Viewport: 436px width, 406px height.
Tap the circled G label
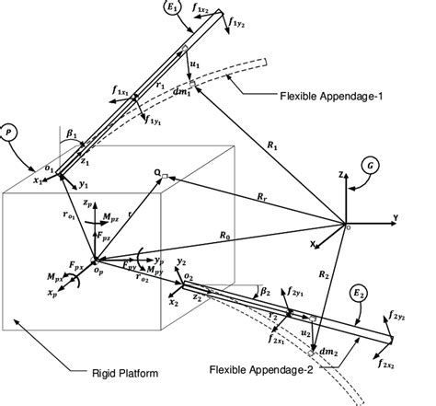372,166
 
